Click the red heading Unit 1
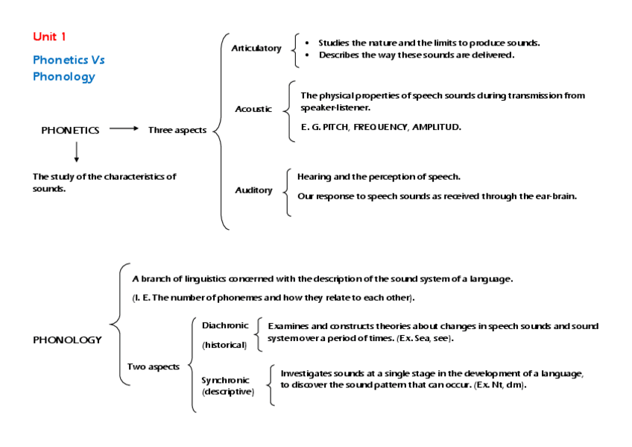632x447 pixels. click(x=50, y=37)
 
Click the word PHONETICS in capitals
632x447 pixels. click(x=70, y=130)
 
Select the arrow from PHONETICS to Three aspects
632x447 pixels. click(x=124, y=129)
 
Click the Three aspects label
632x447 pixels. click(x=177, y=130)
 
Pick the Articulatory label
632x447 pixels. click(x=256, y=49)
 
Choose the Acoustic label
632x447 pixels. click(x=253, y=109)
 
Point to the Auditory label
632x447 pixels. click(x=253, y=190)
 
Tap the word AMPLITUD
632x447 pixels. click(x=436, y=127)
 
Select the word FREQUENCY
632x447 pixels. click(x=380, y=127)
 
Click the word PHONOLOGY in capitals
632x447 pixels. click(x=67, y=340)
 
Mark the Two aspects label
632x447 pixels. click(x=153, y=366)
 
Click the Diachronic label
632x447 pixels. click(x=225, y=325)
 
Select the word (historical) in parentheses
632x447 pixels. click(x=224, y=345)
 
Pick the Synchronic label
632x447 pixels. click(x=225, y=380)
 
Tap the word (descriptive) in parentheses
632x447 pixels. click(x=228, y=392)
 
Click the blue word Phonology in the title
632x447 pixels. click(x=63, y=76)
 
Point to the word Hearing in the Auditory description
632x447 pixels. click(x=314, y=177)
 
